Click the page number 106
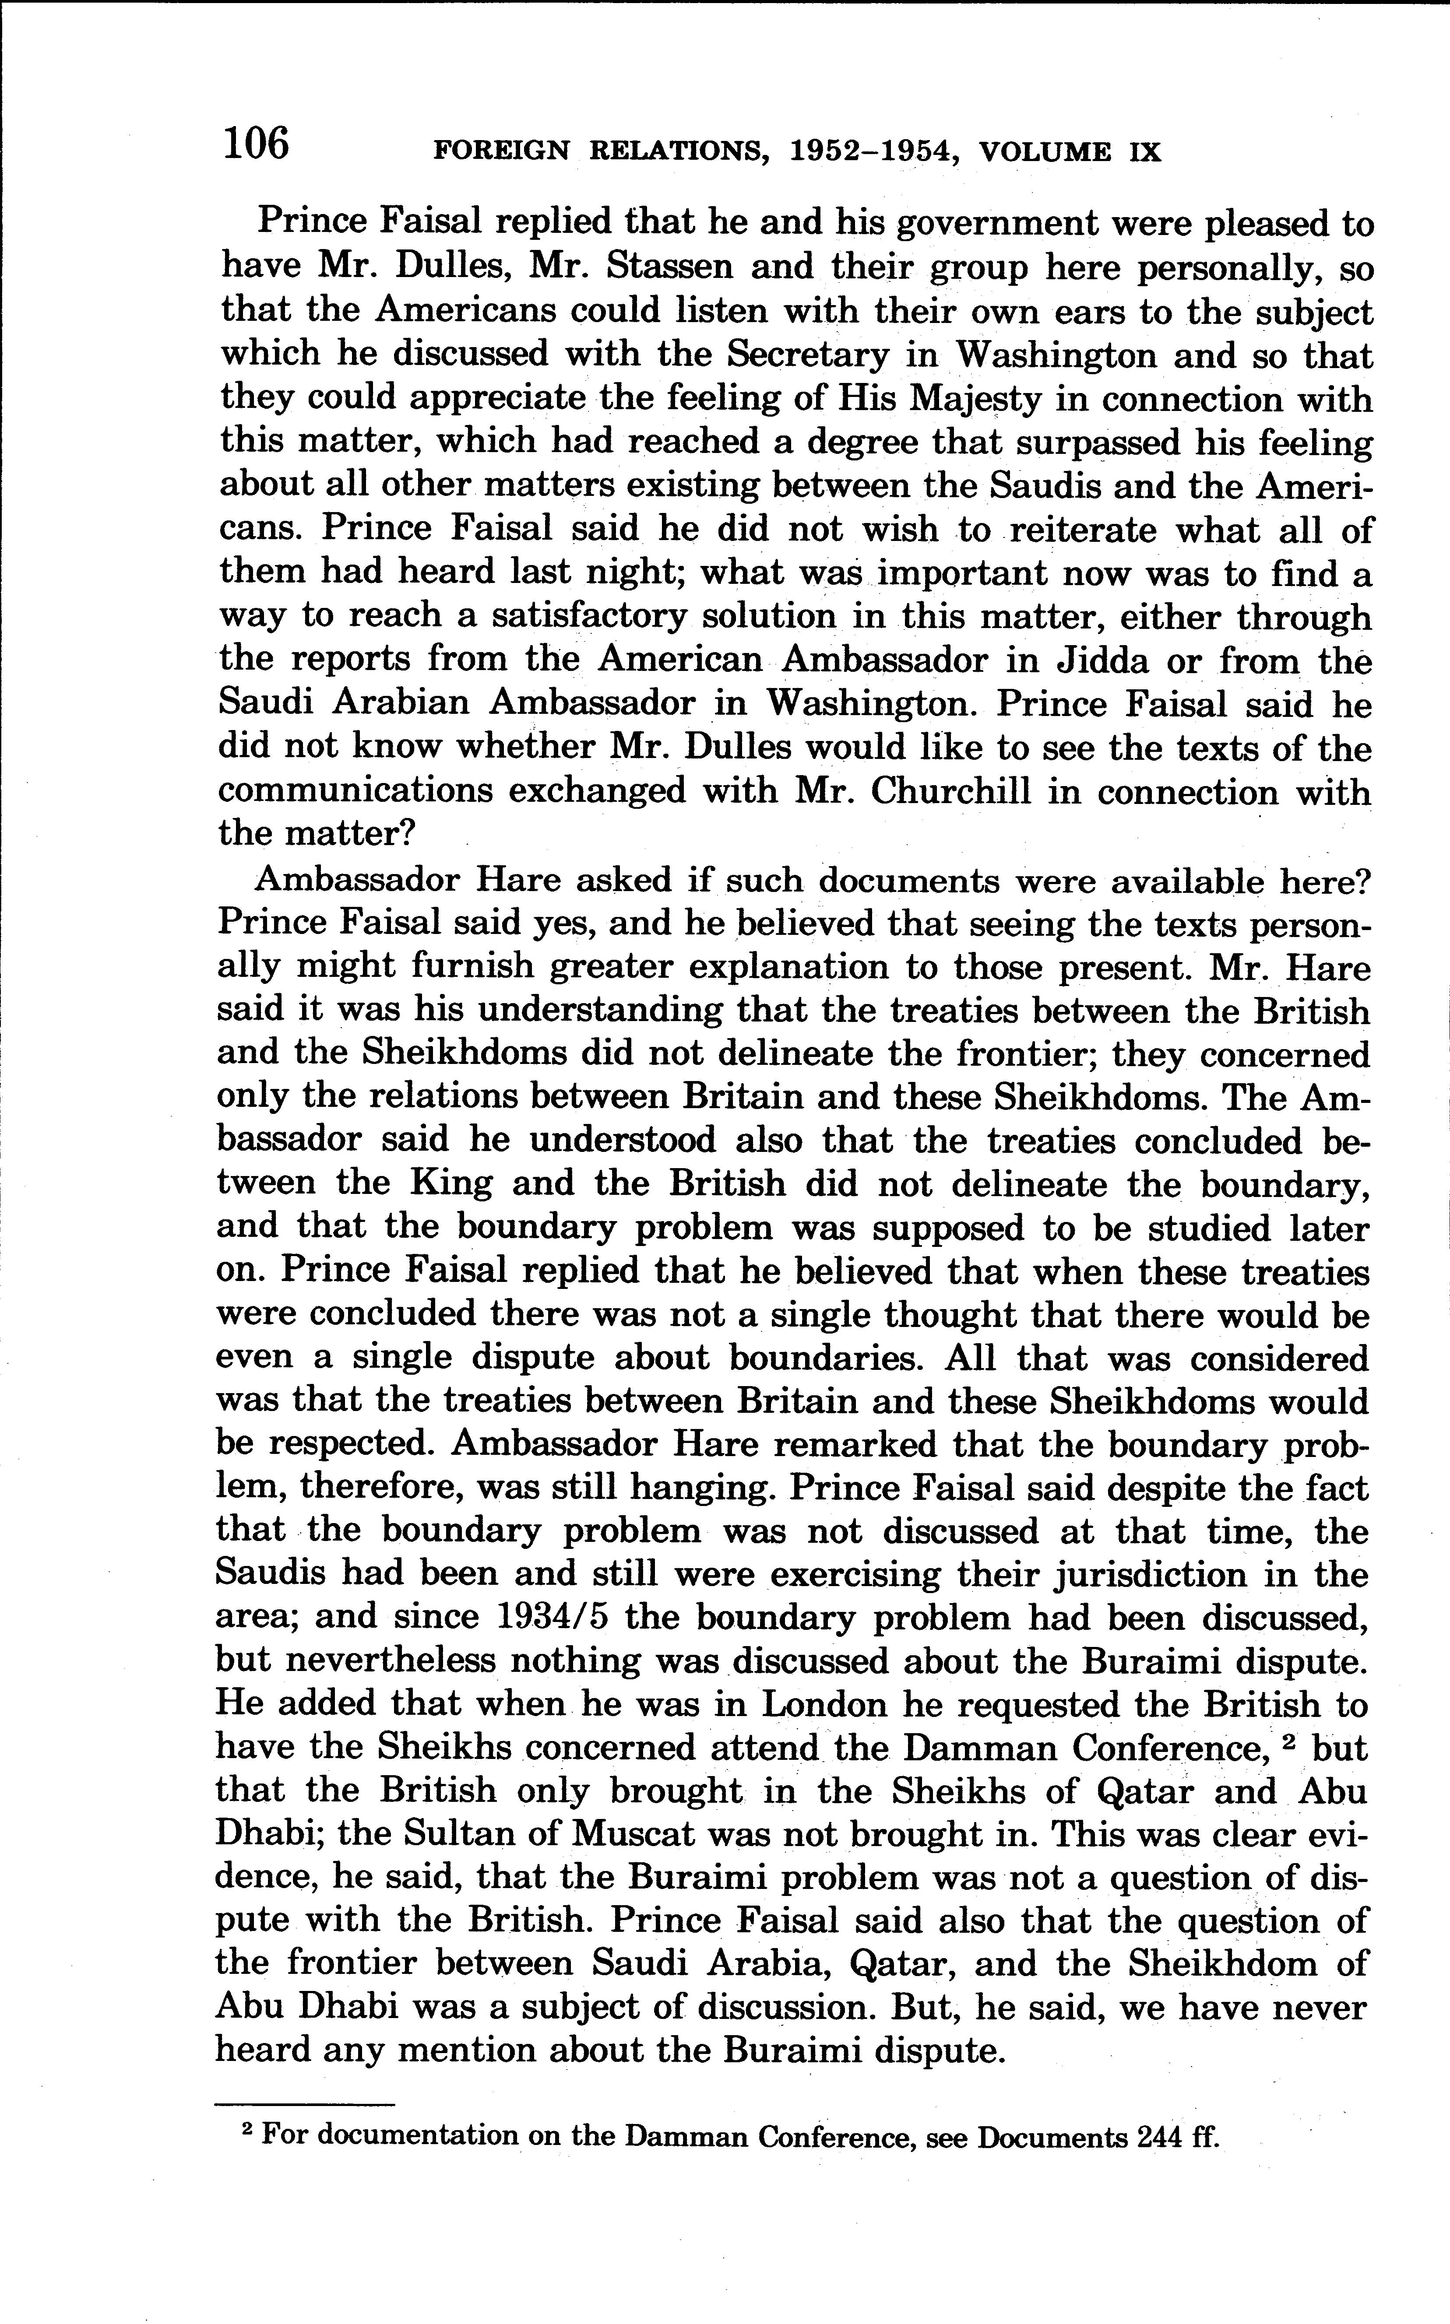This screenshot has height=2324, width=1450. pos(255,144)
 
